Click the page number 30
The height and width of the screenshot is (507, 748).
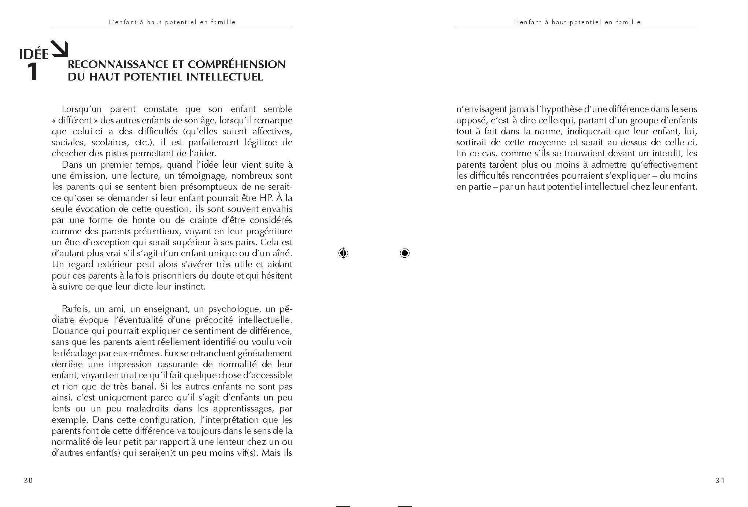click(x=28, y=481)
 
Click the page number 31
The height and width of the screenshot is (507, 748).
click(x=720, y=481)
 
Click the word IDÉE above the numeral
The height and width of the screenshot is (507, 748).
click(x=34, y=54)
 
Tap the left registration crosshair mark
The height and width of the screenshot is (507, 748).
click(x=343, y=253)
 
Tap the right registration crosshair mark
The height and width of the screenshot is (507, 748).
click(x=405, y=253)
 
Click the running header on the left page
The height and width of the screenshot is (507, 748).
click(x=172, y=22)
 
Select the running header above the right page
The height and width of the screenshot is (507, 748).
click(x=577, y=22)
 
